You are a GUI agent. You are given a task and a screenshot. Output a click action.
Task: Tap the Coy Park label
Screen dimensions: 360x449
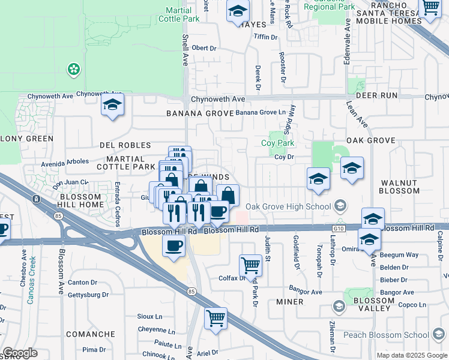[277, 143]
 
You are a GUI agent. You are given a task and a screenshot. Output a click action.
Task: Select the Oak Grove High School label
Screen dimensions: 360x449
[289, 207]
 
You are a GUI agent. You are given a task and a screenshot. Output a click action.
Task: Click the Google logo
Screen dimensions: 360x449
[20, 353]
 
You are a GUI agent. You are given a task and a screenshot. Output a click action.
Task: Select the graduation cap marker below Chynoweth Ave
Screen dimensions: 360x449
[112, 106]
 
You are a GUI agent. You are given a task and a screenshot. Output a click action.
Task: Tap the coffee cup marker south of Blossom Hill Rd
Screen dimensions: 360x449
[174, 246]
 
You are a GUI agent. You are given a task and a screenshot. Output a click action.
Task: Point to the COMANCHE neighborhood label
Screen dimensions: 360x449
[90, 334]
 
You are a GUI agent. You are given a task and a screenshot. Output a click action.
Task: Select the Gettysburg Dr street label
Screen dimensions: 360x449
[88, 295]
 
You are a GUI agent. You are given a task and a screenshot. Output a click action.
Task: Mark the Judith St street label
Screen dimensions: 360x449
[268, 248]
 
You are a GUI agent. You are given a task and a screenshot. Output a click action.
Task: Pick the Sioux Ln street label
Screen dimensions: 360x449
[151, 316]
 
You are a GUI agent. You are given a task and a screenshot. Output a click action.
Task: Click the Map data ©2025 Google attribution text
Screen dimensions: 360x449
[412, 355]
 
